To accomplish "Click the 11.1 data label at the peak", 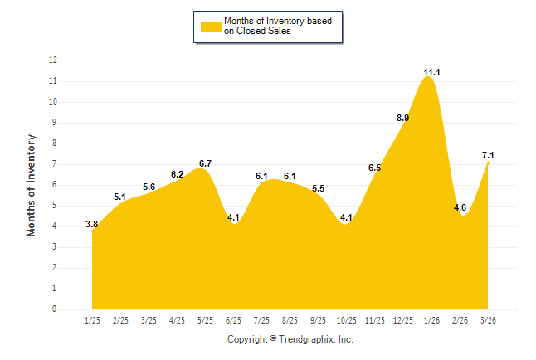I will click(431, 73).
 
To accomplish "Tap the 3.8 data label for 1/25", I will click(92, 224).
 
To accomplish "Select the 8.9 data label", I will click(403, 119).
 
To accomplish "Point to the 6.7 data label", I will click(206, 163).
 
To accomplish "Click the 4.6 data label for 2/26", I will click(460, 207).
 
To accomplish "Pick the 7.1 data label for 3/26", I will click(488, 155).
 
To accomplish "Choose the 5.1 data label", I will click(120, 197).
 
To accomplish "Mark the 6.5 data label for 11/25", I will click(375, 168).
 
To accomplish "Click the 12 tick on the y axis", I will click(53, 61).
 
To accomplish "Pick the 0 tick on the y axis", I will click(55, 309).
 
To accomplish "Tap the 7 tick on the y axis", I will click(55, 164).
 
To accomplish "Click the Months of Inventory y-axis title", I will click(32, 185).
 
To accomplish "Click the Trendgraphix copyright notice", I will click(290, 339).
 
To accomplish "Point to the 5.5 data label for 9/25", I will click(319, 189).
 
